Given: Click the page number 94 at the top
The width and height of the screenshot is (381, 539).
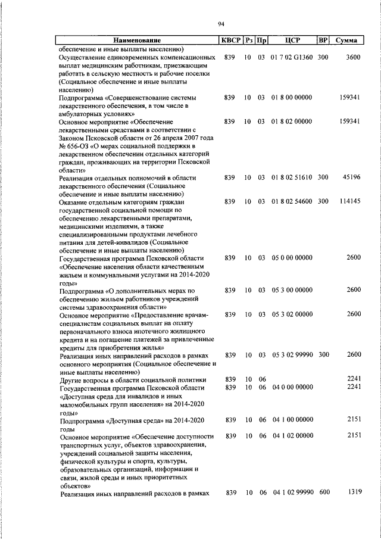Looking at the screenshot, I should (221, 24).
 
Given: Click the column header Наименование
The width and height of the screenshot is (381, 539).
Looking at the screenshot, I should (137, 40).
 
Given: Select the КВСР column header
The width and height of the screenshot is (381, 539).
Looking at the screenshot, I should (230, 40).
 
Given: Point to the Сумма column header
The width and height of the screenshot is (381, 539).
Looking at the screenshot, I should (346, 40).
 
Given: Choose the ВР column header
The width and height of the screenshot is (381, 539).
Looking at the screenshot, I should (323, 40).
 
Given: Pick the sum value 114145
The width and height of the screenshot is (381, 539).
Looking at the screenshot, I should (349, 201).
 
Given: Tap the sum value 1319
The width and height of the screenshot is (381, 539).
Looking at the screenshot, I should (352, 492).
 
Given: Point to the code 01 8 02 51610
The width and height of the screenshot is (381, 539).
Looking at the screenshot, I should (292, 177).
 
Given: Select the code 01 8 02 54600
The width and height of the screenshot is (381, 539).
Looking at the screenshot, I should (292, 201).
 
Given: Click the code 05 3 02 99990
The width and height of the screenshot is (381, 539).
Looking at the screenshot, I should (292, 354).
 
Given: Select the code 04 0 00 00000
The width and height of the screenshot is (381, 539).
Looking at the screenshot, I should (292, 387).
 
